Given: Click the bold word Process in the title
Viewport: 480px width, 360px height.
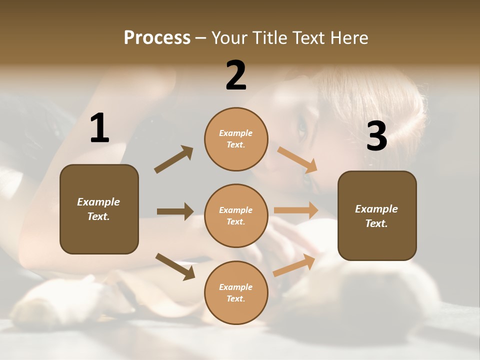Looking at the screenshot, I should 157,38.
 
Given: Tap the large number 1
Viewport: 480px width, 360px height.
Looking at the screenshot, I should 99,129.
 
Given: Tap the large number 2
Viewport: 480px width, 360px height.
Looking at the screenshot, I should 236,76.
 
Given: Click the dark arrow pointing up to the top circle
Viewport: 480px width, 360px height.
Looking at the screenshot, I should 174,159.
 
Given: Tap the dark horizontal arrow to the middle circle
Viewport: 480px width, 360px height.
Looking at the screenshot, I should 175,211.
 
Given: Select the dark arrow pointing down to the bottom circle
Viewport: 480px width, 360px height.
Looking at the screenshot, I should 175,266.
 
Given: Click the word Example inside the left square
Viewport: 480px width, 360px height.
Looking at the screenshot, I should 98,202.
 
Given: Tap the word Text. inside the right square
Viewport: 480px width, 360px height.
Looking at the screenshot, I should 376,223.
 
